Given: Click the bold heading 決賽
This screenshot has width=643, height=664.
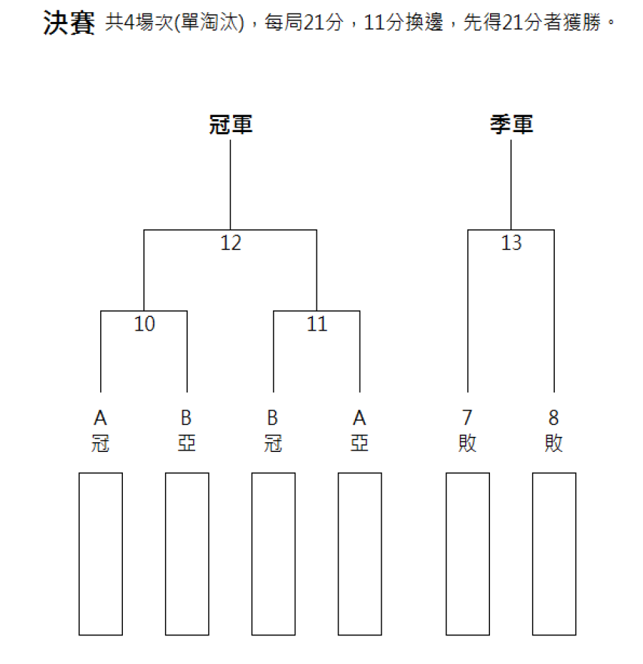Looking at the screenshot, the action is pyautogui.click(x=69, y=23).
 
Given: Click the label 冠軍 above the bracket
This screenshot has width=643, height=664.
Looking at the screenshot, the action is pyautogui.click(x=231, y=124).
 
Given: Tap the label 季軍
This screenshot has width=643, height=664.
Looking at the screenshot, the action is pyautogui.click(x=511, y=124).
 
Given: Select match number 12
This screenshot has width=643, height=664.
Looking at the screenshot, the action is pyautogui.click(x=231, y=243).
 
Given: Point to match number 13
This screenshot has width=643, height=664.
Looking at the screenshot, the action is pyautogui.click(x=511, y=243).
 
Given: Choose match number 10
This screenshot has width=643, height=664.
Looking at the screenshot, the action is pyautogui.click(x=144, y=324).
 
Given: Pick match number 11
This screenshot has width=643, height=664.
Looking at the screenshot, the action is pyautogui.click(x=317, y=324).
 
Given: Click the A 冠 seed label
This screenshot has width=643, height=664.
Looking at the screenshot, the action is pyautogui.click(x=101, y=431).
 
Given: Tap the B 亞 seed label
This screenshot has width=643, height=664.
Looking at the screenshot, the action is pyautogui.click(x=186, y=431).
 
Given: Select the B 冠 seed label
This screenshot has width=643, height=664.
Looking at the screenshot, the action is pyautogui.click(x=273, y=431).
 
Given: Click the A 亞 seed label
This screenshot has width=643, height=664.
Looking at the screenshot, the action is pyautogui.click(x=360, y=431).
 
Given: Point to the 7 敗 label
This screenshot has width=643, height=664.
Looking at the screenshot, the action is pyautogui.click(x=467, y=431).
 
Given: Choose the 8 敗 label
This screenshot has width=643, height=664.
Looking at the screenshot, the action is pyautogui.click(x=554, y=431).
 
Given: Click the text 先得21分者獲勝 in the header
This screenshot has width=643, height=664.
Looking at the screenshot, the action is pyautogui.click(x=532, y=23).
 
